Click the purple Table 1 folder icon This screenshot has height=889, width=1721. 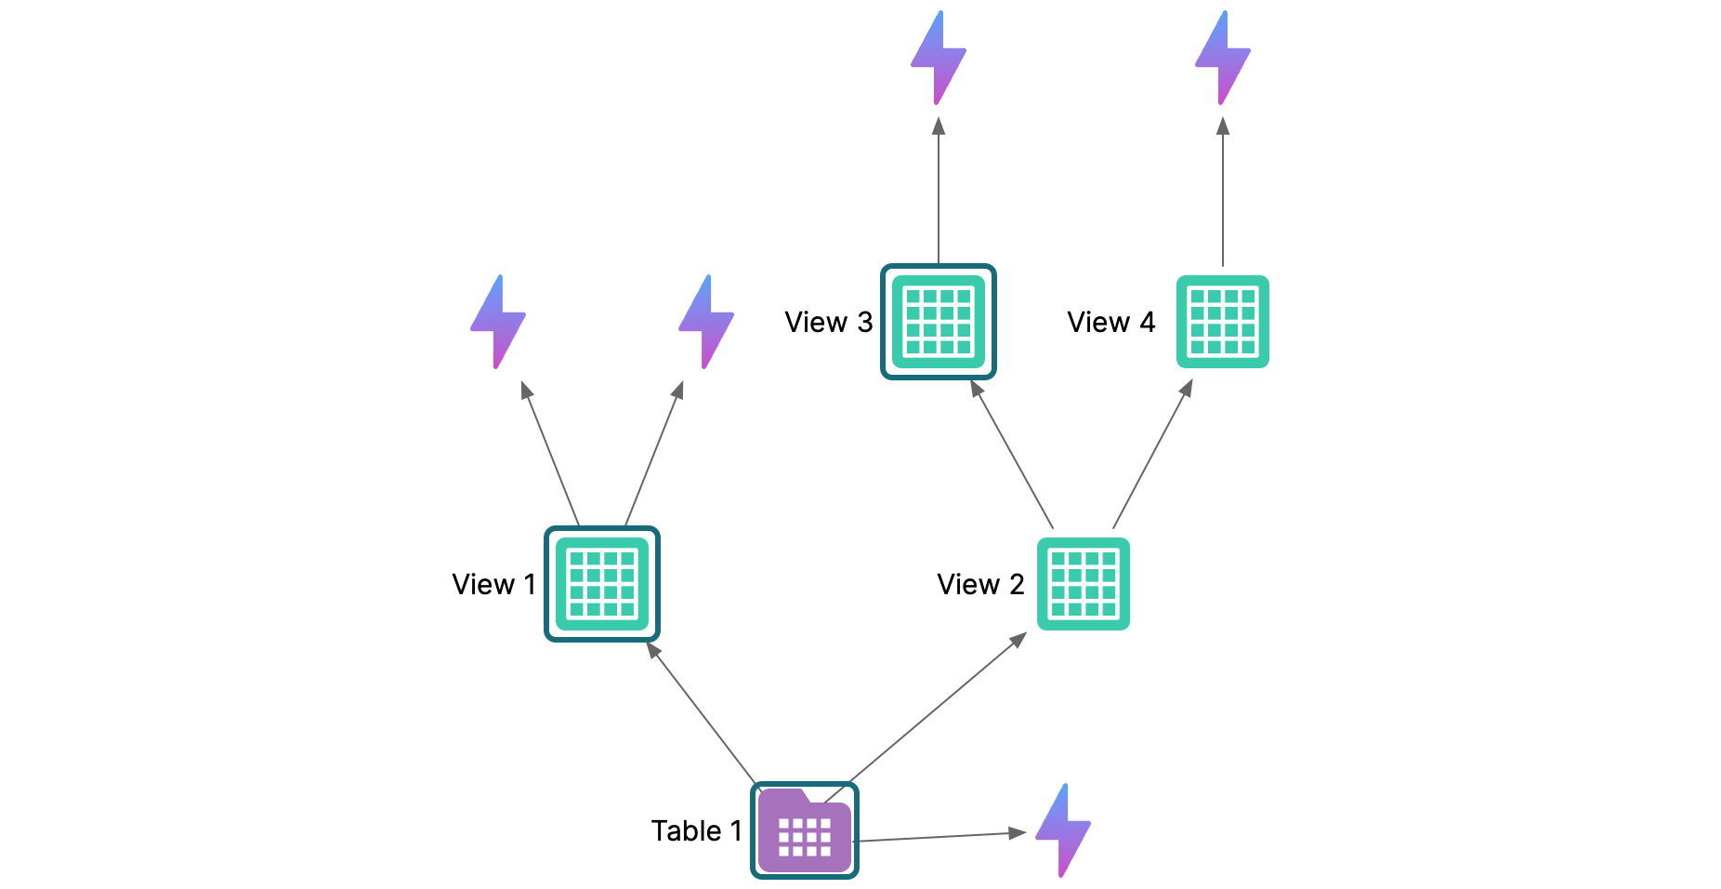pos(805,830)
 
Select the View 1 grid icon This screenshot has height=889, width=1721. pos(602,584)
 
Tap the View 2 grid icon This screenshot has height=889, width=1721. pos(1084,584)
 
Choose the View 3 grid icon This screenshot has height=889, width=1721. pos(939,322)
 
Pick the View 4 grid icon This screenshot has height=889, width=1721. pos(1223,322)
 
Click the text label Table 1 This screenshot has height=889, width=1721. pos(696,830)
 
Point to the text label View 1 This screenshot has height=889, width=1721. pos(493,584)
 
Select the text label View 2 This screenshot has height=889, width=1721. pos(980,584)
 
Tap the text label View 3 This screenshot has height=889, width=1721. pos(828,322)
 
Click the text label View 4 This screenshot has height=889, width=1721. pos(1110,322)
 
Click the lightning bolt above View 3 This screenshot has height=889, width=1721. pos(939,57)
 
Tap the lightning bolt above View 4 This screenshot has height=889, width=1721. pos(1223,57)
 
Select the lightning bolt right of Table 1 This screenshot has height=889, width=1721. pos(1063,829)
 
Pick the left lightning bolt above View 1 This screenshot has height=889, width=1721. pos(498,321)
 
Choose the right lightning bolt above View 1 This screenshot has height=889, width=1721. pos(706,321)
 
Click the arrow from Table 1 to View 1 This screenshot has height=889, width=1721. pos(703,713)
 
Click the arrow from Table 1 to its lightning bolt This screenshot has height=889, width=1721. pos(939,837)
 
